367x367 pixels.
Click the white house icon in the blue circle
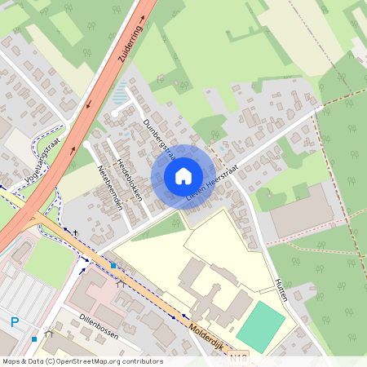(x=183, y=175)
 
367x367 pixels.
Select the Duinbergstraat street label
(x=159, y=139)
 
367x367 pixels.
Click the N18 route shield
(x=238, y=356)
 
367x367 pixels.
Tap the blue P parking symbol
(x=14, y=323)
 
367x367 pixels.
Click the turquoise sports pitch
(x=260, y=326)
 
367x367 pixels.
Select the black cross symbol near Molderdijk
(x=76, y=232)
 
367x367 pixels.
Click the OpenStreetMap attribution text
(x=82, y=360)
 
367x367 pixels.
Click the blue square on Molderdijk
(x=113, y=266)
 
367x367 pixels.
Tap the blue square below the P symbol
(x=34, y=338)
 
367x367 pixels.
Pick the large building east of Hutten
(x=302, y=211)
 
